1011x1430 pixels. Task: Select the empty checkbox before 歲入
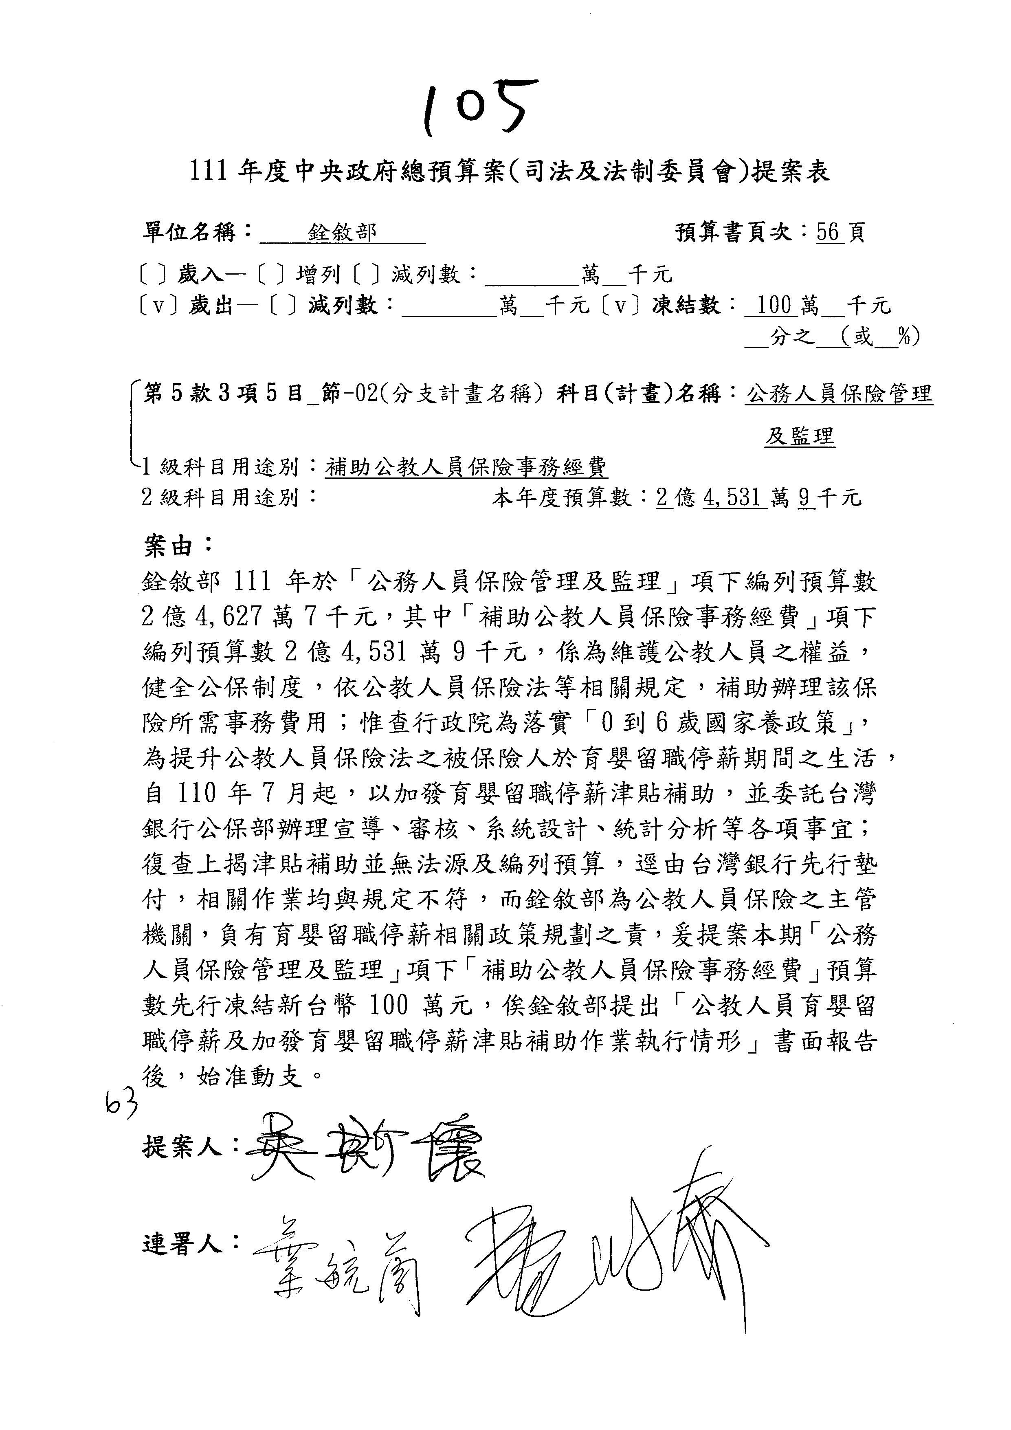(x=152, y=274)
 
